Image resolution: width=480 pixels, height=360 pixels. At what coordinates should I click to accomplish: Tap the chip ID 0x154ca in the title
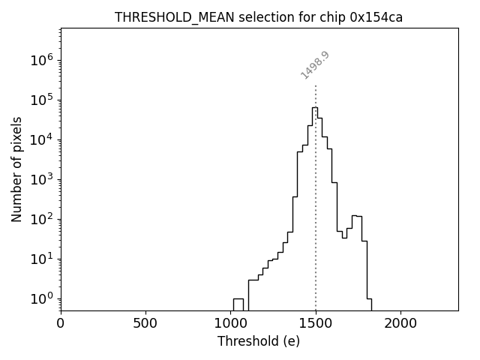pyautogui.click(x=376, y=17)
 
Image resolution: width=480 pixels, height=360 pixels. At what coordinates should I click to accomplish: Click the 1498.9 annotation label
pyautogui.click(x=315, y=65)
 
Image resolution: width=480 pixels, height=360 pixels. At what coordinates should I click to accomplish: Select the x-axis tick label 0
pyautogui.click(x=61, y=324)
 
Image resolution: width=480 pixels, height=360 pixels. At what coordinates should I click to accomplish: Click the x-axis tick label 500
pyautogui.click(x=145, y=324)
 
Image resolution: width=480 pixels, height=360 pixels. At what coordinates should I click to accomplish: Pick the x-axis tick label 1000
pyautogui.click(x=230, y=324)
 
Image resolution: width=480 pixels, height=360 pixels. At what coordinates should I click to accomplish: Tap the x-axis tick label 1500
pyautogui.click(x=316, y=324)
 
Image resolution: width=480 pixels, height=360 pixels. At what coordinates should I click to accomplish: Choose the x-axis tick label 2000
pyautogui.click(x=400, y=324)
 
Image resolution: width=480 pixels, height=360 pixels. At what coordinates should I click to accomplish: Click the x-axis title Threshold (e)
pyautogui.click(x=259, y=342)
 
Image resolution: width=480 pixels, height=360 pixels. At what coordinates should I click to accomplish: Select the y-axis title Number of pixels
pyautogui.click(x=16, y=169)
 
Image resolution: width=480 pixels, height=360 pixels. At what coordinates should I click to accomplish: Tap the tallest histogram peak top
pyautogui.click(x=315, y=107)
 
